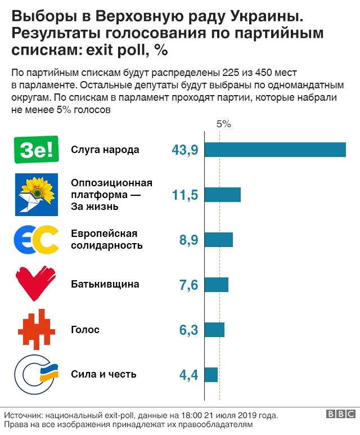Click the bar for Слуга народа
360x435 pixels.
pos(275,150)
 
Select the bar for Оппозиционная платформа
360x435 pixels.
pos(223,195)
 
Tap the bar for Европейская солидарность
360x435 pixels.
pos(219,240)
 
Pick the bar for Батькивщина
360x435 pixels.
pos(217,285)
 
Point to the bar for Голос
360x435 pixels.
pos(214,330)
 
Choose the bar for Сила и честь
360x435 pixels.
pos(211,375)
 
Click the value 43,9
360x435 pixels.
pos(184,150)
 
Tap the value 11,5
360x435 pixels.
pos(184,195)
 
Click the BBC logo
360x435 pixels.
pos(340,414)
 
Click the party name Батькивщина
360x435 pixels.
pos(105,285)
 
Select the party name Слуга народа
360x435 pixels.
pos(105,150)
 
